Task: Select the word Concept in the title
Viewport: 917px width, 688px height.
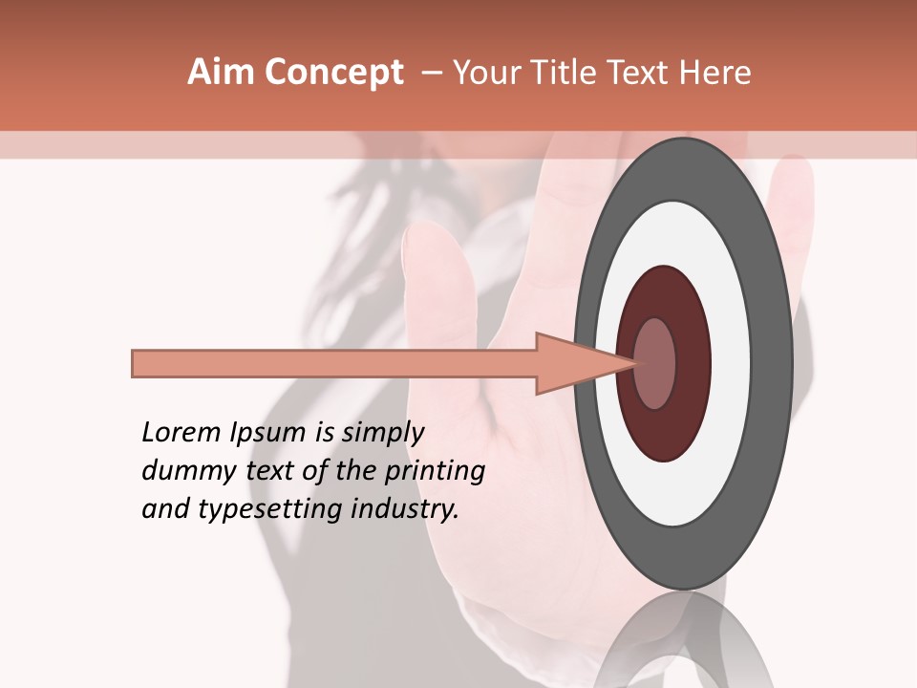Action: [x=332, y=73]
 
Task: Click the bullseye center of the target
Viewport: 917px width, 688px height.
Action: [x=655, y=363]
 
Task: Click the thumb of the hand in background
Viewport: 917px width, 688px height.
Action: [x=436, y=287]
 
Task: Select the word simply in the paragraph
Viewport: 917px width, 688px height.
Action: [x=382, y=433]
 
